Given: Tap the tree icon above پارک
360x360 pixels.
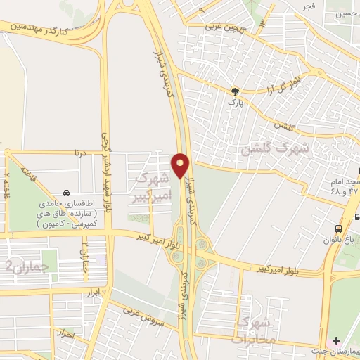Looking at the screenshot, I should click(235, 91).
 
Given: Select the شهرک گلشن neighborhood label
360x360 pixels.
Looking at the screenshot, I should click(274, 149).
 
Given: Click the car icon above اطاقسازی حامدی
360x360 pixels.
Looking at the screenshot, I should click(66, 193).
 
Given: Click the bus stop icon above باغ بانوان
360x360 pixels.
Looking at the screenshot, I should click(339, 229).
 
